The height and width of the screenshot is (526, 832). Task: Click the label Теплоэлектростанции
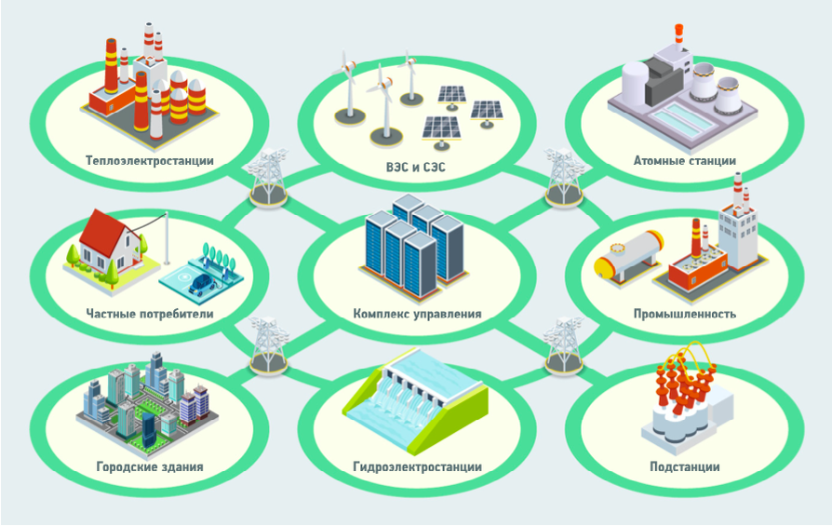point(149,160)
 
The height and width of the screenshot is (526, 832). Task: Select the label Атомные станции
point(684,160)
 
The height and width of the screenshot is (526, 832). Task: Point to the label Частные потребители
point(149,314)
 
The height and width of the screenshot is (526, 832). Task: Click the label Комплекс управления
point(417,314)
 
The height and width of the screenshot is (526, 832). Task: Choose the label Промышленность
point(684,314)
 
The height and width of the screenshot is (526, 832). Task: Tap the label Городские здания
point(149,466)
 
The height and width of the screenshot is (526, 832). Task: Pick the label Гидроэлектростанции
point(417,466)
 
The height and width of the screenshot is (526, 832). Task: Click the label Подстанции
point(684,466)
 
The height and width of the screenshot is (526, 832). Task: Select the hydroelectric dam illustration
point(415,405)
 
